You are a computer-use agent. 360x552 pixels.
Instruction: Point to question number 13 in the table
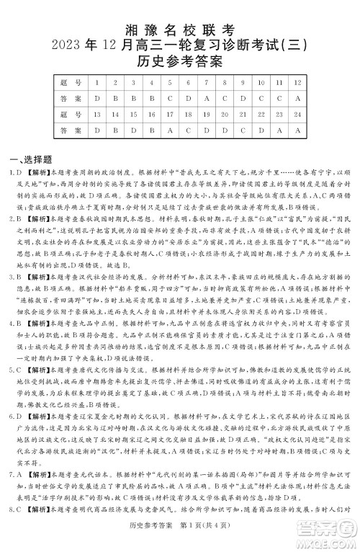point(96,115)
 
